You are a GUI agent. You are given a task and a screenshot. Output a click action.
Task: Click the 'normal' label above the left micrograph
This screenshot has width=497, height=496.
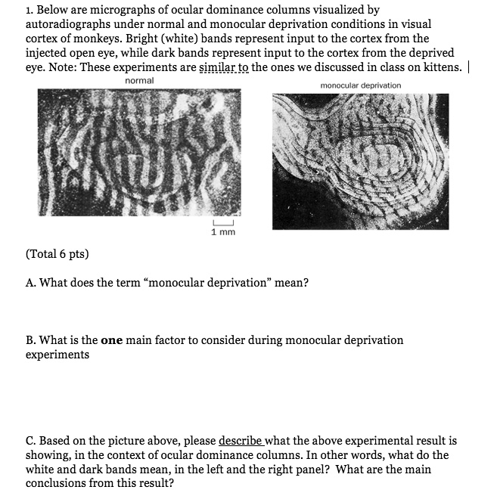[x=139, y=80]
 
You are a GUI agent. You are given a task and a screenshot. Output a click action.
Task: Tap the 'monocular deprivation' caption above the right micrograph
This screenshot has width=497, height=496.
[x=361, y=85]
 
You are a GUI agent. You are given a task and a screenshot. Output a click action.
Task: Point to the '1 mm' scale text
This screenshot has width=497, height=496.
[x=223, y=232]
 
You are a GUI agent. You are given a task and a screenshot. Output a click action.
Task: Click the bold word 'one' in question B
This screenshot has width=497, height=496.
[x=111, y=340]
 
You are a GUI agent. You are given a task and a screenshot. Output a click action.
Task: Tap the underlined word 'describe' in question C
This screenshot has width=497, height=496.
[x=243, y=440]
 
